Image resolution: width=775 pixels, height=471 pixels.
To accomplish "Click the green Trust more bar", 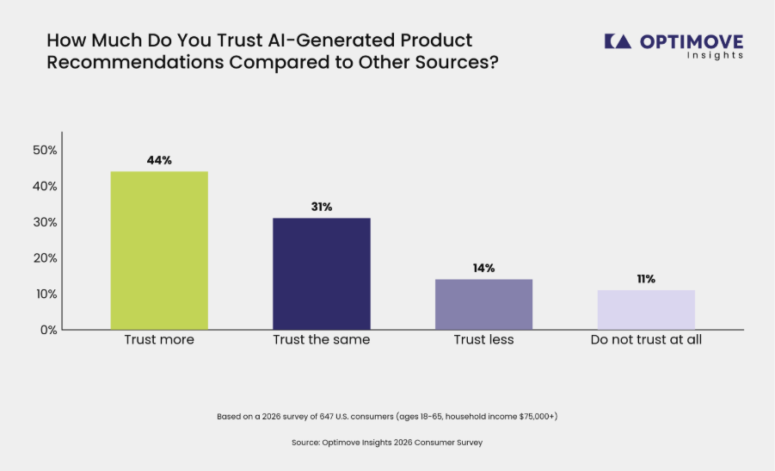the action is click(159, 251).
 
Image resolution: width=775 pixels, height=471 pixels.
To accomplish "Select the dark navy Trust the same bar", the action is click(322, 274).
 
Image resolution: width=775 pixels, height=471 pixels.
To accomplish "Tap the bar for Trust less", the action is click(484, 304).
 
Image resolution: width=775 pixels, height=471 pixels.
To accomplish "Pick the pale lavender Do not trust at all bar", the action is click(646, 310).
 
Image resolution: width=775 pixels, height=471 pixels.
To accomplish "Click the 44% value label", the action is click(159, 160).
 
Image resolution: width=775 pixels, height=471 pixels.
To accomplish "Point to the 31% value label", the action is click(322, 207).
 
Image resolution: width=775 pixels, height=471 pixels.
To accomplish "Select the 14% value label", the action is click(484, 268).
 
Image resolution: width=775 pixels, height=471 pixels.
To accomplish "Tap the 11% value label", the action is click(646, 279).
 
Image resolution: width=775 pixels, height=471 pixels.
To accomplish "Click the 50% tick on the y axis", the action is click(45, 150).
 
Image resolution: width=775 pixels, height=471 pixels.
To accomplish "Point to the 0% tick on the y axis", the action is click(49, 330).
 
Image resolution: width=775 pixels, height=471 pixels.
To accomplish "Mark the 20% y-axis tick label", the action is click(45, 257).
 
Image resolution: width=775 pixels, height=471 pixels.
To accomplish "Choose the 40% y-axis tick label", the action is click(45, 186).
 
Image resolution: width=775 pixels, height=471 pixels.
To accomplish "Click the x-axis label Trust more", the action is click(159, 339).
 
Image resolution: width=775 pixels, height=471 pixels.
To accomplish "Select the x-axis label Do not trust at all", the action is click(646, 339).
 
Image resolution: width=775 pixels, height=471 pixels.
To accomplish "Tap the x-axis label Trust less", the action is click(484, 339).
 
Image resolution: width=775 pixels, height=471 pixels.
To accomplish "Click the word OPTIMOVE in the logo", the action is click(692, 41).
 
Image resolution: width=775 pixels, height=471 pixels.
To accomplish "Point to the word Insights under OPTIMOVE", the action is click(715, 55).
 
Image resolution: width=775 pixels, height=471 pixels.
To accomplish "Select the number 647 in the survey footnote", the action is click(326, 417).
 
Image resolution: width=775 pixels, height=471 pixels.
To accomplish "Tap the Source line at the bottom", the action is click(387, 443).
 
